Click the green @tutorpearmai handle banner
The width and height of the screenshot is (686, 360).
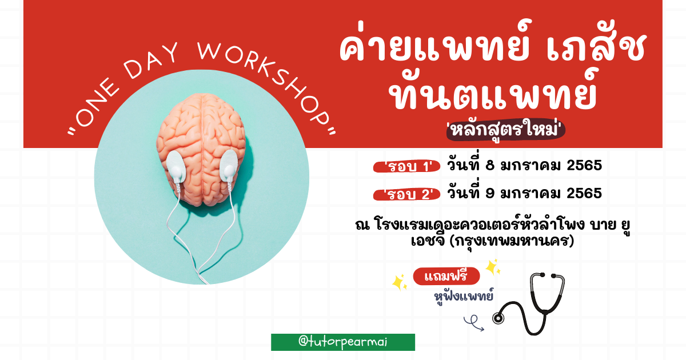tap(343, 342)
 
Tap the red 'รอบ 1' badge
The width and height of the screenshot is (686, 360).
tap(406, 166)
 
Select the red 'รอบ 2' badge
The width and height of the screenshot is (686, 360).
tap(406, 194)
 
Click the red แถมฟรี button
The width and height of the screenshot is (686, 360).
tap(446, 276)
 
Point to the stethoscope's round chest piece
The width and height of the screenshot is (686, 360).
tap(498, 318)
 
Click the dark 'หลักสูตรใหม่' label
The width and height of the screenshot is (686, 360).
tap(505, 130)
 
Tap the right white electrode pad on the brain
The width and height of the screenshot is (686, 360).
tap(229, 165)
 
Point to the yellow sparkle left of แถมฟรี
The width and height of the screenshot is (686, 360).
tap(400, 282)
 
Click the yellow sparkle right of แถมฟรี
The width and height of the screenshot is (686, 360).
tap(493, 267)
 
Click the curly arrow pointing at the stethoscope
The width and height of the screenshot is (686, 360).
tap(473, 323)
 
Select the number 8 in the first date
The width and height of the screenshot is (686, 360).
tap(490, 165)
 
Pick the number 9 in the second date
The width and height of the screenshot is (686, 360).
tap(490, 194)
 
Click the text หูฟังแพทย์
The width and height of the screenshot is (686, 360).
tap(464, 296)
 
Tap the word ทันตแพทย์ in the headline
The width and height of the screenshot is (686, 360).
tap(494, 92)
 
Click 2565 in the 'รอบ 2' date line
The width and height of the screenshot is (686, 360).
tap(584, 194)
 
